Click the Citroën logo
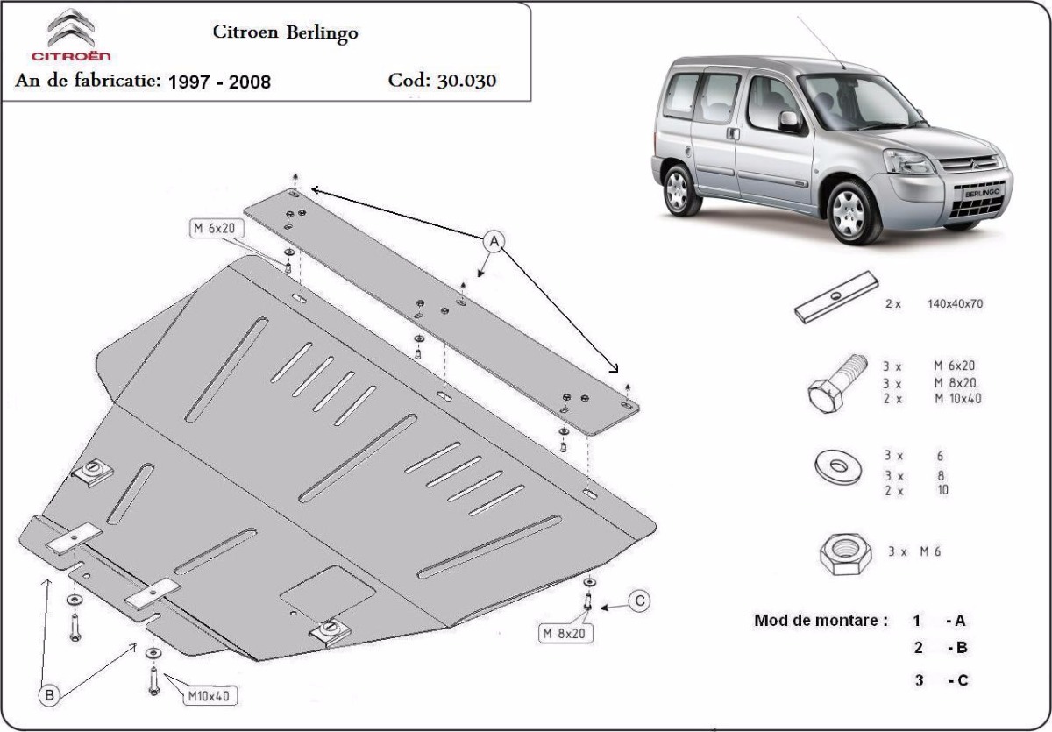[71, 35]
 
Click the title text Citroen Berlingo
[286, 32]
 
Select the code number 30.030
[466, 81]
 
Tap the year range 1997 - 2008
[219, 82]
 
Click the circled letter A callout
[494, 241]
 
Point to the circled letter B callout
[49, 695]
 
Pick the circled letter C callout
[639, 601]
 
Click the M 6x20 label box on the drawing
[217, 228]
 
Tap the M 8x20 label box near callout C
[565, 634]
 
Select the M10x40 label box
[210, 695]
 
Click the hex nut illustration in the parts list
[845, 554]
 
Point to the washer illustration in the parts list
[838, 466]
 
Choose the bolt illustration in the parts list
[837, 384]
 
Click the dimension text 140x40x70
[955, 304]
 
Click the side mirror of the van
[789, 122]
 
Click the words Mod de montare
[821, 621]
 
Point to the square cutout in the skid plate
[327, 593]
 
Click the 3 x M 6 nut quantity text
[914, 551]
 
